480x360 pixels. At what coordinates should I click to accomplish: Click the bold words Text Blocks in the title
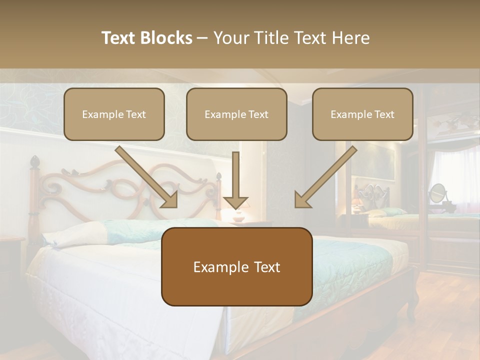(146, 38)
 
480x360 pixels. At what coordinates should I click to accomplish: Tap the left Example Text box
(114, 114)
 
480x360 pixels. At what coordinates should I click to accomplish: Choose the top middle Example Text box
(236, 114)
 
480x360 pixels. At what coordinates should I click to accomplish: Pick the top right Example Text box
(362, 114)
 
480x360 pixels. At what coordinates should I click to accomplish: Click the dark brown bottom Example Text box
(236, 266)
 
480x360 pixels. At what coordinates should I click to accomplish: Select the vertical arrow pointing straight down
(235, 180)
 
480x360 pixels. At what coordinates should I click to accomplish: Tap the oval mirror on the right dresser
(437, 192)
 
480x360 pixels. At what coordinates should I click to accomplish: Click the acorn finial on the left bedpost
(34, 162)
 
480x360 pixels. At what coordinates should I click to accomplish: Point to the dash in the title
(203, 38)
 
